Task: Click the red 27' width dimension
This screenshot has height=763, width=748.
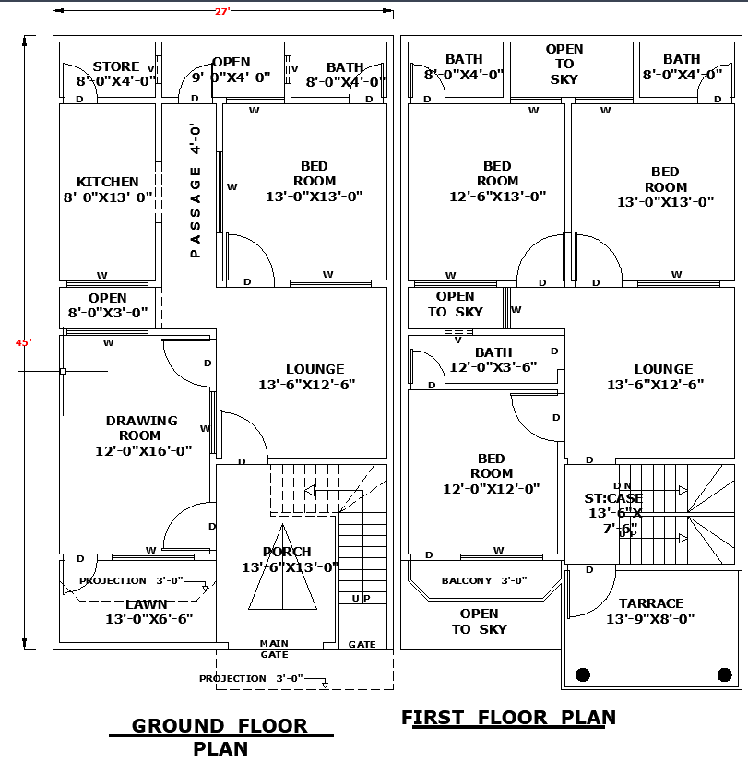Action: coord(222,12)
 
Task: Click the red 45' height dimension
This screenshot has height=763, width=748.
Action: coord(24,342)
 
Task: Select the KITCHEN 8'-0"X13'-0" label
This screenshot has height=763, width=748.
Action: coord(108,189)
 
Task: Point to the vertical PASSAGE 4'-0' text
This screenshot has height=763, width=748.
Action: coord(196,190)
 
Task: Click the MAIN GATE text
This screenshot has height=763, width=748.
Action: coord(274,649)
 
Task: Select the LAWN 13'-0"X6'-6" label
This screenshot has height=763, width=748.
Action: coord(148,612)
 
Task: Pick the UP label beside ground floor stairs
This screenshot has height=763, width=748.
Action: coord(361,598)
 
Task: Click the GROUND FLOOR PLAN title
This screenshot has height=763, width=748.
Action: coord(220,736)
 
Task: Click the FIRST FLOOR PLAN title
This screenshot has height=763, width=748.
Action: coord(508,717)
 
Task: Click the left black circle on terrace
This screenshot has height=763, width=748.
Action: coord(583,674)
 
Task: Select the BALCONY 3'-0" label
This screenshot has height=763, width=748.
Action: coord(483,580)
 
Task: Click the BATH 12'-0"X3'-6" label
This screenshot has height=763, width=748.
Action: coord(493,360)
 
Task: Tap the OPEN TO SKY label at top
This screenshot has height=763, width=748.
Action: coord(564,64)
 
